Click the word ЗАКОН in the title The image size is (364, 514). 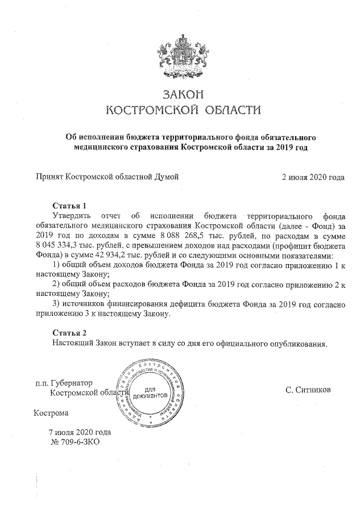click(x=182, y=94)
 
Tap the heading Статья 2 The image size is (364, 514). click(x=69, y=332)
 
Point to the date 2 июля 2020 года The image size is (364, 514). click(x=313, y=177)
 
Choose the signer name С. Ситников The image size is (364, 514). click(x=308, y=390)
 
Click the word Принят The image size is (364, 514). click(x=48, y=177)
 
